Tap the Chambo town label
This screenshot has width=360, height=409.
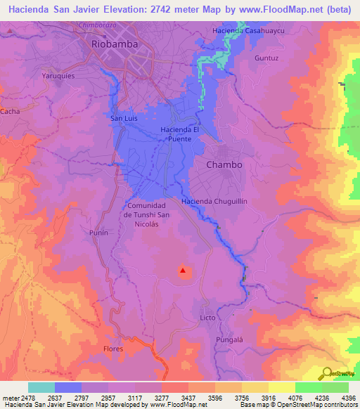224,164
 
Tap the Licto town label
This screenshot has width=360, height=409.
207,318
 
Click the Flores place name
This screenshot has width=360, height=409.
112,349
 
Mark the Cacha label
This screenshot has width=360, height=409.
10,111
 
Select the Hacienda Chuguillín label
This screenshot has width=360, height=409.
216,202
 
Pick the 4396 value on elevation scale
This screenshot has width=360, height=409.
348,398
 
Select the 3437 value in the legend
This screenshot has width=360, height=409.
188,398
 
